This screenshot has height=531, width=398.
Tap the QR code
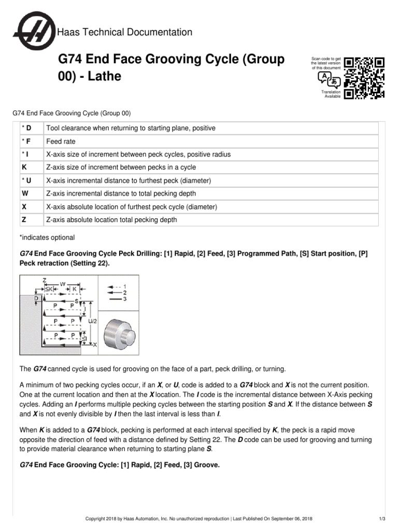coord(365,78)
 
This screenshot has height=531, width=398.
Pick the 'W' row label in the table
coord(24,193)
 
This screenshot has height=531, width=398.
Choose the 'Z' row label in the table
coord(24,220)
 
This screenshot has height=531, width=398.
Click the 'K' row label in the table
coord(24,167)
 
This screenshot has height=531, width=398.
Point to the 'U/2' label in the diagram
coord(92,321)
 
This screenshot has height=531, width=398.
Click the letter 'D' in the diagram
coord(36,299)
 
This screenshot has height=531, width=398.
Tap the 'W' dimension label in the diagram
coord(63,284)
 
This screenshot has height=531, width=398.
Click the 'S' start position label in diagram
coord(77,300)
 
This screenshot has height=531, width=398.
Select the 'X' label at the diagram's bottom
coord(94,344)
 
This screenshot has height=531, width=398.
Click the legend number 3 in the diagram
coord(125,299)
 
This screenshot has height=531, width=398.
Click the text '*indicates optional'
coord(47,237)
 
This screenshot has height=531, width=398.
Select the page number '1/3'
coord(382,519)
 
